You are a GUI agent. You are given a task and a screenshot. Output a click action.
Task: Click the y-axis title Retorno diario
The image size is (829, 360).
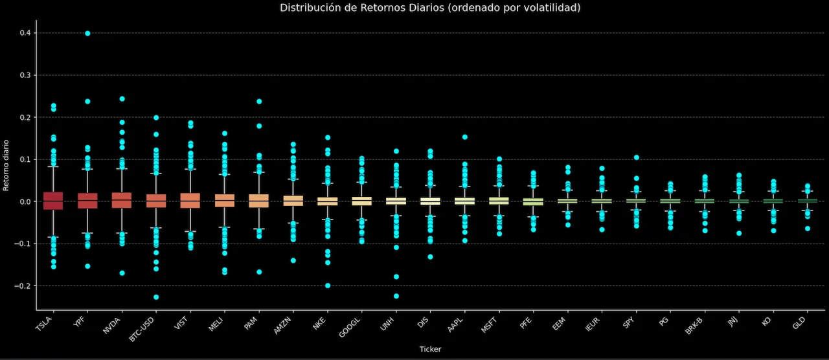[6, 165]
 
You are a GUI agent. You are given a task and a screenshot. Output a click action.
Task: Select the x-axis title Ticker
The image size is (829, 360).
[430, 350]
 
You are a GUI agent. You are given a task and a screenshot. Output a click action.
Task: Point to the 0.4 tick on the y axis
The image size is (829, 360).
[25, 33]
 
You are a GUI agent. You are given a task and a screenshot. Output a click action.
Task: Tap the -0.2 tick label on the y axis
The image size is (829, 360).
[23, 286]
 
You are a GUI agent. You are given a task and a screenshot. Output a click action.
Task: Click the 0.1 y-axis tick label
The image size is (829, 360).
[25, 159]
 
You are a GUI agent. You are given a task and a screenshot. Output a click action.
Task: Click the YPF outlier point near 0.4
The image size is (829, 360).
[87, 34]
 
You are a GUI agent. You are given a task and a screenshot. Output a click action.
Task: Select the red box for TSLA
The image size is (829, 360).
[53, 201]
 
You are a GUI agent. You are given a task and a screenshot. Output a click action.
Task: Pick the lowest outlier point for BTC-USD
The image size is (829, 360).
[156, 297]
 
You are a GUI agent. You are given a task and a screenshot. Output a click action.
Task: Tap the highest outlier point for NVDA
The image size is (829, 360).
[122, 99]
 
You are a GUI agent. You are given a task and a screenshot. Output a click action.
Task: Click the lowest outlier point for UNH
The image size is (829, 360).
[396, 296]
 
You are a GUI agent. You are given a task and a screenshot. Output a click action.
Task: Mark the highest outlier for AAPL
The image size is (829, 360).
[465, 137]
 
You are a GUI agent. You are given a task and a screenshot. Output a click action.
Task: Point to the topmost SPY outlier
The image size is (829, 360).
[637, 157]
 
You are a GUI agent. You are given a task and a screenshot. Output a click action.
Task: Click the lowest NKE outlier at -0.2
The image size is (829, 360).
[328, 286]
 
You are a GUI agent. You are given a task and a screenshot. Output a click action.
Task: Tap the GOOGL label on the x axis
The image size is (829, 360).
[347, 326]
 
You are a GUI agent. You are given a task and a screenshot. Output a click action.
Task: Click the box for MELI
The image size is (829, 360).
[225, 201]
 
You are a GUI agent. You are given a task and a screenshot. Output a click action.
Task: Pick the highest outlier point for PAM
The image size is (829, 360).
[259, 102]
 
